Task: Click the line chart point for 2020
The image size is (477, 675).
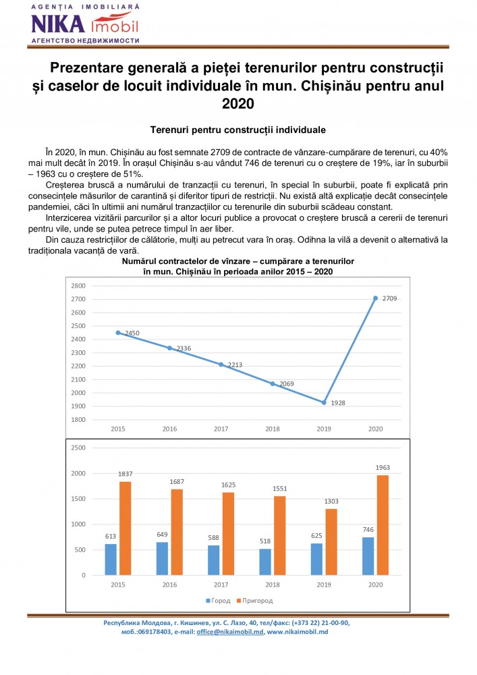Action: coord(376,298)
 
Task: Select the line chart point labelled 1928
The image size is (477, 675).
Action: coord(325,402)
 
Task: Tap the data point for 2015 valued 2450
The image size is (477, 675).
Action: coord(118,333)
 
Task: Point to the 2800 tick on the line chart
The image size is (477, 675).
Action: coord(79,286)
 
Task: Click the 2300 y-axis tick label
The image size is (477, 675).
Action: coord(79,352)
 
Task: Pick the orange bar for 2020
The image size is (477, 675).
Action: coord(383,525)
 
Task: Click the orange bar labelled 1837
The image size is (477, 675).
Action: coord(125,528)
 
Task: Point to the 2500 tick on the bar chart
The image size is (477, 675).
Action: coord(78,448)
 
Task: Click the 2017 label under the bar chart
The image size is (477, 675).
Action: coord(221,585)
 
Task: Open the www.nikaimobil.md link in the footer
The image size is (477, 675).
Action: coord(297,632)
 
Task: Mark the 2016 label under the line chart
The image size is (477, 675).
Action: coord(169,429)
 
